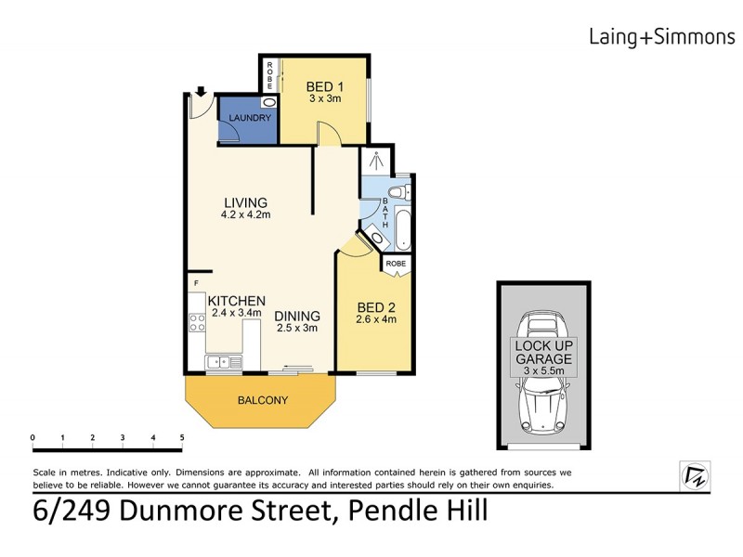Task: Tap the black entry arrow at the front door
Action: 200,92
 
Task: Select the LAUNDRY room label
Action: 246,118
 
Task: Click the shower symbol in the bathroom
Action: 377,160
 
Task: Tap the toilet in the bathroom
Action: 398,192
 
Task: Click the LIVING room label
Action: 245,202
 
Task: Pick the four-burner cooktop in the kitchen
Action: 197,323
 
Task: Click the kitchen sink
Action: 223,362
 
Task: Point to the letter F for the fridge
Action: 196,282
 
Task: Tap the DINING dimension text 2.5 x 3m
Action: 297,328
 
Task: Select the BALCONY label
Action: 261,401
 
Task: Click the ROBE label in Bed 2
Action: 396,264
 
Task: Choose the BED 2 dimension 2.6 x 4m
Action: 376,320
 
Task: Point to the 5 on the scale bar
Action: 182,436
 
